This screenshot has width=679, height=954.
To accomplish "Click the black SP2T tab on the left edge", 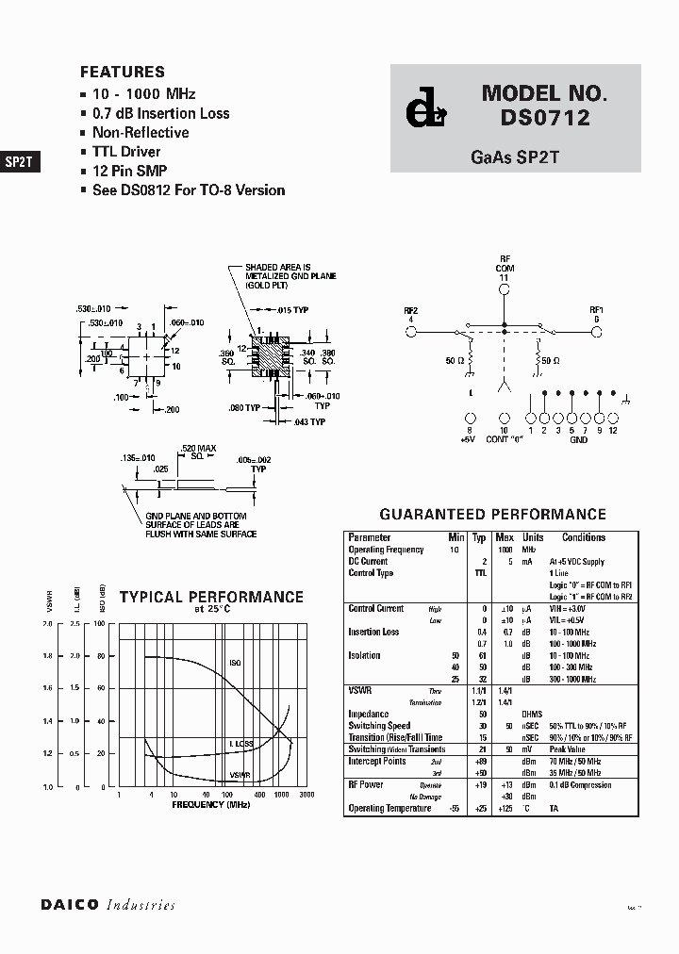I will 19,161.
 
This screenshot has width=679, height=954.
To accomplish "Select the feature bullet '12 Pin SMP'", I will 129,171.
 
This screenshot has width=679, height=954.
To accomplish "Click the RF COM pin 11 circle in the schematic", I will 504,291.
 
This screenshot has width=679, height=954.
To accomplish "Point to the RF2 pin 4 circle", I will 411,331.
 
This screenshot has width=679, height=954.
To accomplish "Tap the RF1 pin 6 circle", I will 596,331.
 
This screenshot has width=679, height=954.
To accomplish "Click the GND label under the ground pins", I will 579,440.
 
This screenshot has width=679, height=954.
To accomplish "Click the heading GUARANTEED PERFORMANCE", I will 492,515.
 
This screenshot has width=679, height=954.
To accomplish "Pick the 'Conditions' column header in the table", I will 584,537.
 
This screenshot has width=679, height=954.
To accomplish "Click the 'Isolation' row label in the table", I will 366,655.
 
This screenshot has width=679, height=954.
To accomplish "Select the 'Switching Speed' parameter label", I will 380,726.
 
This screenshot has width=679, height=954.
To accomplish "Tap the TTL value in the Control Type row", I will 480,573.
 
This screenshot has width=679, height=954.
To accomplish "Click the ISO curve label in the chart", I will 235,663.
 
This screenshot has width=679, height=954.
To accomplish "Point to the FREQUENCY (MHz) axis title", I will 211,805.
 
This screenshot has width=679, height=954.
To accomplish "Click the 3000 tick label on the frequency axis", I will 306,796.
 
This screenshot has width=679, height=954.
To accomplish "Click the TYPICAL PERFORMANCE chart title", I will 210,598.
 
